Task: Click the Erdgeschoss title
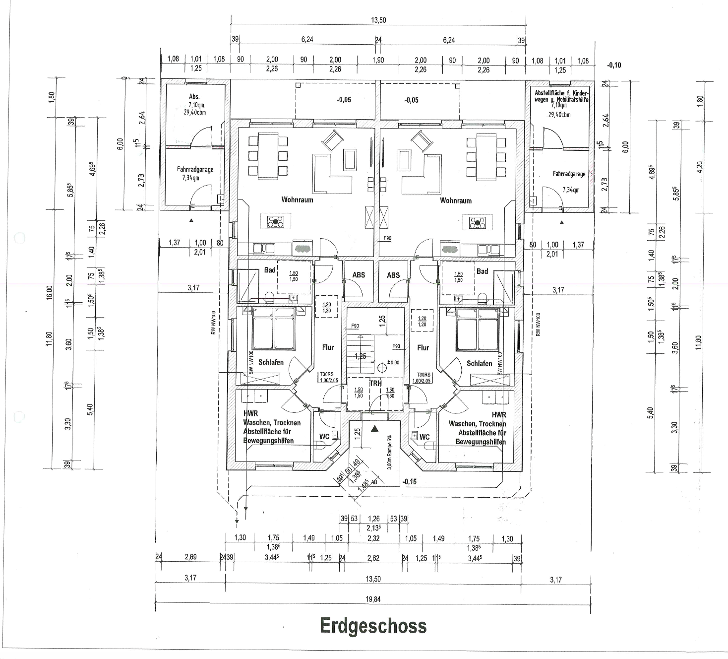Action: [x=373, y=626]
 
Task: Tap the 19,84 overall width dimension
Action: [x=373, y=599]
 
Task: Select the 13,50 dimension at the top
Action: [x=378, y=20]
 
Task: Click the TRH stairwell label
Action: [x=375, y=383]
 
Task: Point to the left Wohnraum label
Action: [x=297, y=200]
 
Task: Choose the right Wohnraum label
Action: [x=455, y=200]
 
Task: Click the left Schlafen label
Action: [x=271, y=362]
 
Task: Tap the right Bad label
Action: [x=482, y=271]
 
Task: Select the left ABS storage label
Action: [x=359, y=275]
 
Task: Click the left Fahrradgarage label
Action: [x=195, y=169]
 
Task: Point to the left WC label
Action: [x=324, y=437]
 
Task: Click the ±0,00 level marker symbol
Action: [x=381, y=368]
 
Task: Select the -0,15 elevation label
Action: [x=409, y=481]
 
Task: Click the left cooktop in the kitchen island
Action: [x=275, y=222]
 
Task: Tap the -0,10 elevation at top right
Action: [x=613, y=65]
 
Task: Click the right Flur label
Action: [x=423, y=347]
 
